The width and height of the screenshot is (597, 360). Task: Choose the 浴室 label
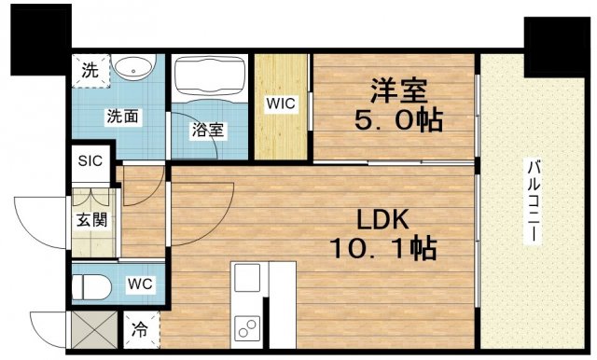(x=208, y=130)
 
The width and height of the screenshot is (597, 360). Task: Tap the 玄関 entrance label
(x=90, y=222)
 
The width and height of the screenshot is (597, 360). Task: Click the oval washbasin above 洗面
(x=137, y=70)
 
